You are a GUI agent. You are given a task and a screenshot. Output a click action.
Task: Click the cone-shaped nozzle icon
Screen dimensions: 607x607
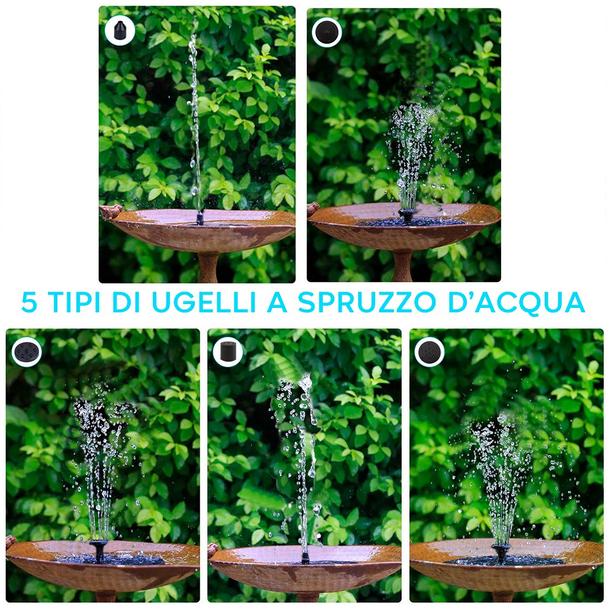(119, 30)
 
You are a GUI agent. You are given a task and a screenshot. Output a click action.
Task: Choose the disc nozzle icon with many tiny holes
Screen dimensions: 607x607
(429, 350)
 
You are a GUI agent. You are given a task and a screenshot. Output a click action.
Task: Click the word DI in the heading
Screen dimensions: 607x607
(126, 302)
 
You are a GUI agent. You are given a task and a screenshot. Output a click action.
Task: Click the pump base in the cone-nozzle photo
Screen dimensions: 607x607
(200, 219)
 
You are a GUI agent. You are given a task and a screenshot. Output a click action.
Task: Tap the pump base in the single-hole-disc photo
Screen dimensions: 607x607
(407, 216)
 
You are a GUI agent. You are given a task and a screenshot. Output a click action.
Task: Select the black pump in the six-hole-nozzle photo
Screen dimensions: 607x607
(99, 550)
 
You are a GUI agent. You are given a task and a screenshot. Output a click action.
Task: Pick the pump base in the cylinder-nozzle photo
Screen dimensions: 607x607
(304, 557)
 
